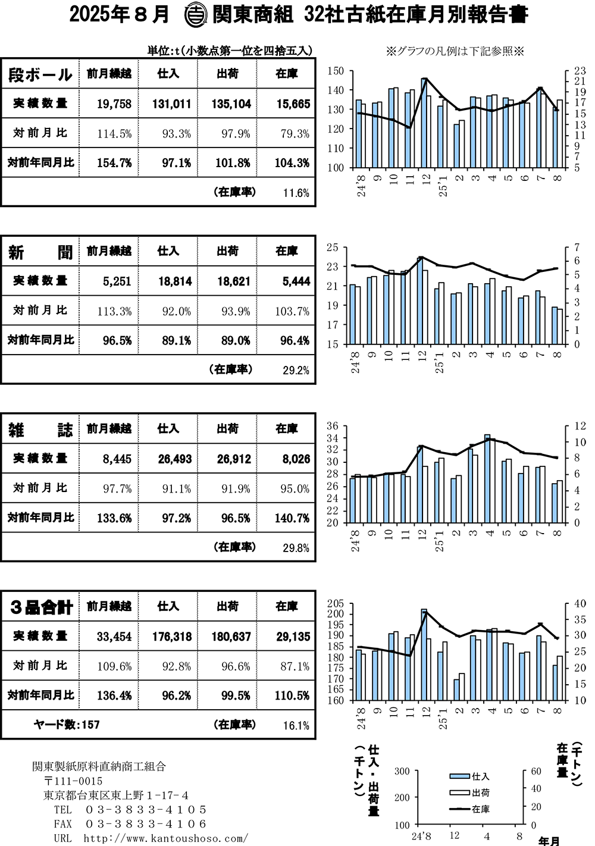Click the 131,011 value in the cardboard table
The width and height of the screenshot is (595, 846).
coord(171,104)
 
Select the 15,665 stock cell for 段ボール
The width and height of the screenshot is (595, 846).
coord(293,104)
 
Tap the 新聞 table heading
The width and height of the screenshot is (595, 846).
coord(40,252)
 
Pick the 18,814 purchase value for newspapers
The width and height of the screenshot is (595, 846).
coord(175,281)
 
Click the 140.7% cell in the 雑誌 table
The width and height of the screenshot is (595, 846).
coord(292,518)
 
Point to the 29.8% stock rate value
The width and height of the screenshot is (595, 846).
coord(296,548)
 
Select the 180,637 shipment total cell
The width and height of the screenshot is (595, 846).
coord(231,637)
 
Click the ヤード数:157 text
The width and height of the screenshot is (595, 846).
coord(67,725)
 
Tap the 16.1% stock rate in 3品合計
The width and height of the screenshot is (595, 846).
coord(296,726)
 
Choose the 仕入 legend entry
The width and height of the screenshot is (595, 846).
coord(470,776)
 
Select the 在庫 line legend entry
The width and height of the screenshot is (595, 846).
coord(470,809)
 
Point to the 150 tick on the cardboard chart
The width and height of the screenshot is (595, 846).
coord(336,71)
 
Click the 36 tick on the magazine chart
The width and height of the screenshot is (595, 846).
coord(333,426)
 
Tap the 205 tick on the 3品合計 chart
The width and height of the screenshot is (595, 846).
coord(336,603)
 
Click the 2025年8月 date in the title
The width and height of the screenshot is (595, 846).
coord(119,14)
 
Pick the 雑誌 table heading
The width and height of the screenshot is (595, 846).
coord(40,430)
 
